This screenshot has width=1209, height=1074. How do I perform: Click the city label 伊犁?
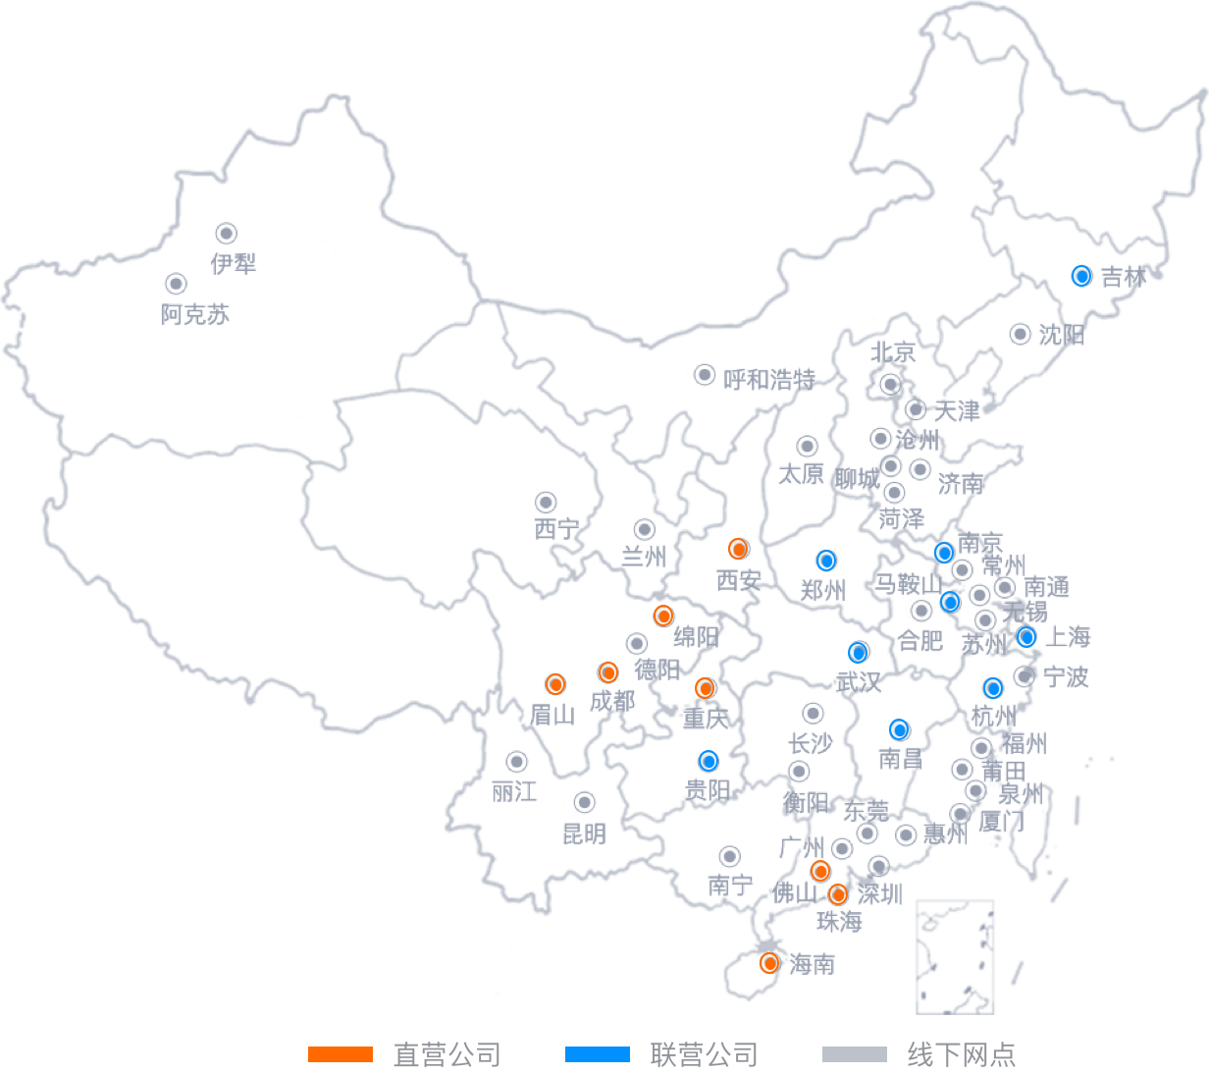pos(233,263)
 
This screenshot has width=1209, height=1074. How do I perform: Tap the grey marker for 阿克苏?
pos(176,284)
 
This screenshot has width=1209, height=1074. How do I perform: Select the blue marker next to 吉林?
pos(1081,276)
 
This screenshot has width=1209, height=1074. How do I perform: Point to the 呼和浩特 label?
pos(769,379)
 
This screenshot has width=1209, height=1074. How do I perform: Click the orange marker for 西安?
pos(739,549)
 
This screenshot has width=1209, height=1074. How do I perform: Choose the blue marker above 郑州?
pos(826,561)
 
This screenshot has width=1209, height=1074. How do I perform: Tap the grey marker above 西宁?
pos(546,503)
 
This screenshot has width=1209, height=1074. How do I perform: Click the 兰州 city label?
pos(645,557)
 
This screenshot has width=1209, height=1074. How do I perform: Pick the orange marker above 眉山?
pos(555,683)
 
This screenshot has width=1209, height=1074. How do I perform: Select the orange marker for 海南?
pos(769,963)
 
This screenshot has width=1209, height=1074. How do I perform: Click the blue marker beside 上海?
pos(1026,636)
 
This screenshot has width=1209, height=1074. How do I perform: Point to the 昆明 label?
pos(584,834)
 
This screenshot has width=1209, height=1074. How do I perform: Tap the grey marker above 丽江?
pos(516,761)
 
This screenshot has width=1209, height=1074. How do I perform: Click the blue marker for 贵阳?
pos(709,761)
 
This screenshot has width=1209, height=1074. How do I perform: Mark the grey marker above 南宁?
pos(729,856)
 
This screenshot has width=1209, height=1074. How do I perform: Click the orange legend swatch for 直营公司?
pos(341,1054)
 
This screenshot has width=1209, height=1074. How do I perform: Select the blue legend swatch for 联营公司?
pos(597,1054)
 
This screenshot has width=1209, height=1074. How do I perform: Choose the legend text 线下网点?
pos(961,1054)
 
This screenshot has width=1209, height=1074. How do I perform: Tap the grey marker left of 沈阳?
pos(1021,333)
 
